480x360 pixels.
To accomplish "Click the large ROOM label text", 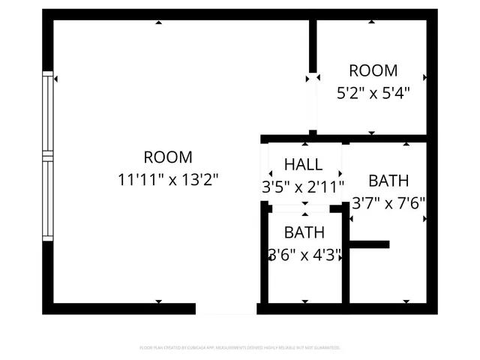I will (x=168, y=157).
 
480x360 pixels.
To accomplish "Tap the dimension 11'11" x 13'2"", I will (x=168, y=180).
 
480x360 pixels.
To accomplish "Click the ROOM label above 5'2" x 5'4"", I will (x=373, y=71).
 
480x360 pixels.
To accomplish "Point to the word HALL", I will (x=304, y=164).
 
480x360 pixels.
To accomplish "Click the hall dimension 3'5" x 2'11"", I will (x=303, y=186).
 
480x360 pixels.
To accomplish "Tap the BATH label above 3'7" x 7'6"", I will (x=388, y=181).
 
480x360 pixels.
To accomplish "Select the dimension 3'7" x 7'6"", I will (x=388, y=202).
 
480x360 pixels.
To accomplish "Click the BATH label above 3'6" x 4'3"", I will (x=304, y=232).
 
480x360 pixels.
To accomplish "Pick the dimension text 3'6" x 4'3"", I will (x=305, y=255).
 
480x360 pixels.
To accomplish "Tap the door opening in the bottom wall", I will (x=226, y=309).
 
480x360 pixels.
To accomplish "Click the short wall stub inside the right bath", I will (x=370, y=244).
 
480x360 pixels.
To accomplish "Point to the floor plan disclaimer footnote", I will (x=240, y=348).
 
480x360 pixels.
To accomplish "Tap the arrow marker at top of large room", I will (x=158, y=22).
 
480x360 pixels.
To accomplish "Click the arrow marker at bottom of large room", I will (x=158, y=301).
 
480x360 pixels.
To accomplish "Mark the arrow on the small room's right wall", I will (x=425, y=77).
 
